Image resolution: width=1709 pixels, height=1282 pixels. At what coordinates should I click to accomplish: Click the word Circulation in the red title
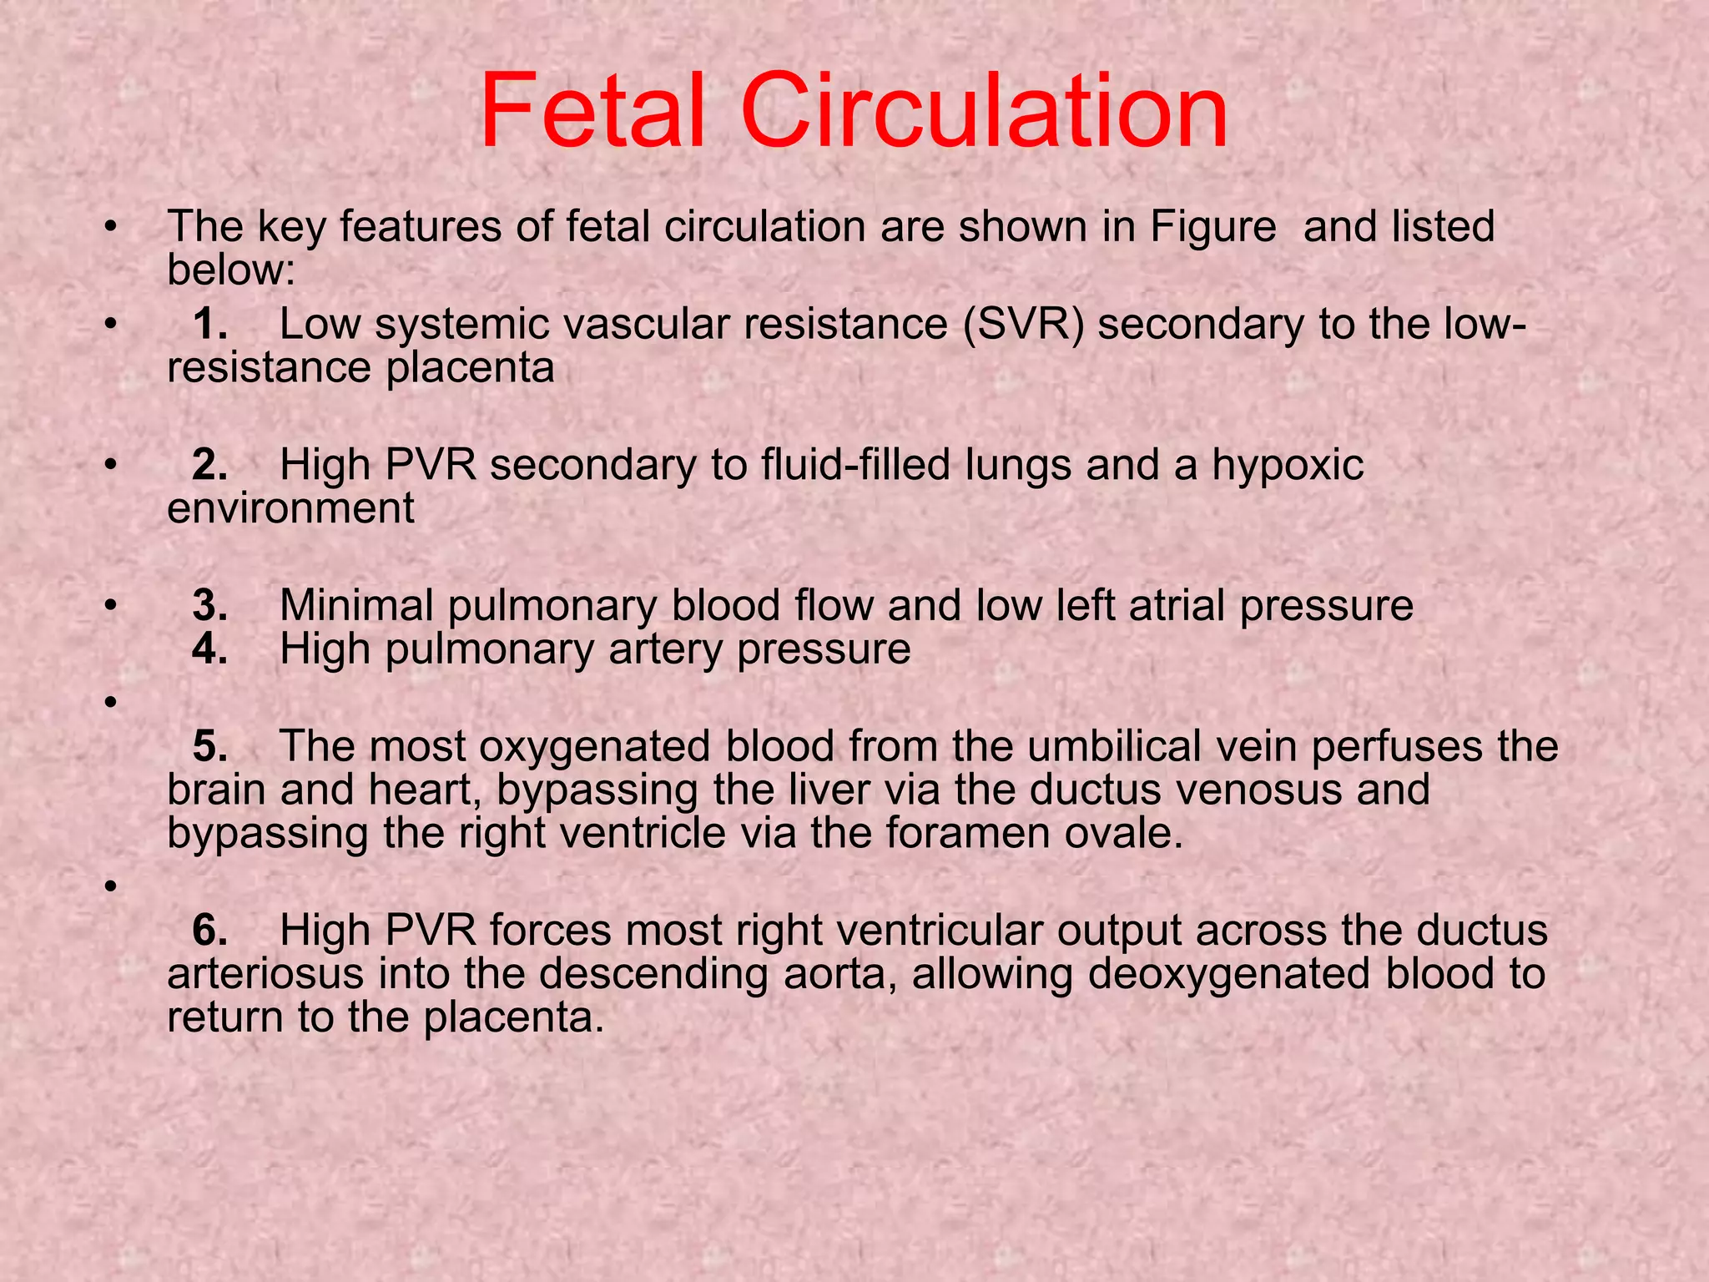(985, 111)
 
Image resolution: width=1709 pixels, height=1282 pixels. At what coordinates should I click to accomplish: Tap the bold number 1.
(209, 324)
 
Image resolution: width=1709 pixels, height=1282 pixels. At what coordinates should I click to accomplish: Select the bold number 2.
(209, 465)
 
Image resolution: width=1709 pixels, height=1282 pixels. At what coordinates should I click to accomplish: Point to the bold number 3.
(209, 606)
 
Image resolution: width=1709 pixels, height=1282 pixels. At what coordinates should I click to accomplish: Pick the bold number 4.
(209, 649)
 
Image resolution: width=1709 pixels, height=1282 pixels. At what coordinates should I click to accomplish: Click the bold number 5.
(209, 746)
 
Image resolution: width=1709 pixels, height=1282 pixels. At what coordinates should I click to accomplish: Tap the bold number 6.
(209, 931)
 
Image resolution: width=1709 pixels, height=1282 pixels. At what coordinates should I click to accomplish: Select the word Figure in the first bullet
(1213, 227)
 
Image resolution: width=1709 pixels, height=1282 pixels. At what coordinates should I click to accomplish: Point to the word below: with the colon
(231, 270)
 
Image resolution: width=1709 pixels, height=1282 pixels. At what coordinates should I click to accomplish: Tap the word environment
(290, 508)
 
